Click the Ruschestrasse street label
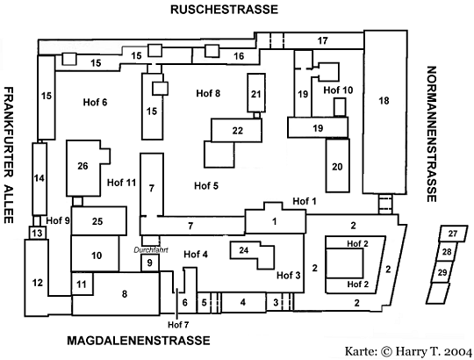(x=224, y=10)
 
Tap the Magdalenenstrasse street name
(x=139, y=341)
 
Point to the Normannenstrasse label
(x=432, y=134)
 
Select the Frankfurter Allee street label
(x=9, y=155)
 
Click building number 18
(x=384, y=112)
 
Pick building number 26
(x=88, y=168)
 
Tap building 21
(x=256, y=93)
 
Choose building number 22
(x=236, y=130)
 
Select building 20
(x=338, y=166)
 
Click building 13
(x=38, y=233)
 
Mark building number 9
(x=150, y=263)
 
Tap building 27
(x=453, y=234)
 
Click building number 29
(x=442, y=272)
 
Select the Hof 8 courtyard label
(x=208, y=93)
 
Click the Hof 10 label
(x=338, y=90)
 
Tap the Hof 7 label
(x=178, y=325)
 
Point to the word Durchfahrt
(x=151, y=250)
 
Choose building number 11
(x=82, y=284)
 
